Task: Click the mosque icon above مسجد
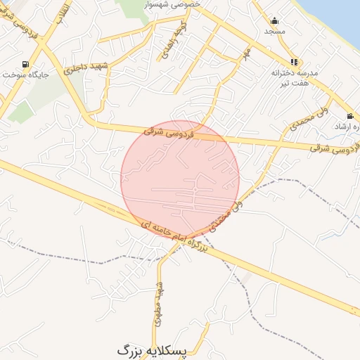(274, 20)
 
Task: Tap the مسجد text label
(274, 32)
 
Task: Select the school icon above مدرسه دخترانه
(294, 61)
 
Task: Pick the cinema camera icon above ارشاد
(350, 116)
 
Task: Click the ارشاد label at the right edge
(349, 127)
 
